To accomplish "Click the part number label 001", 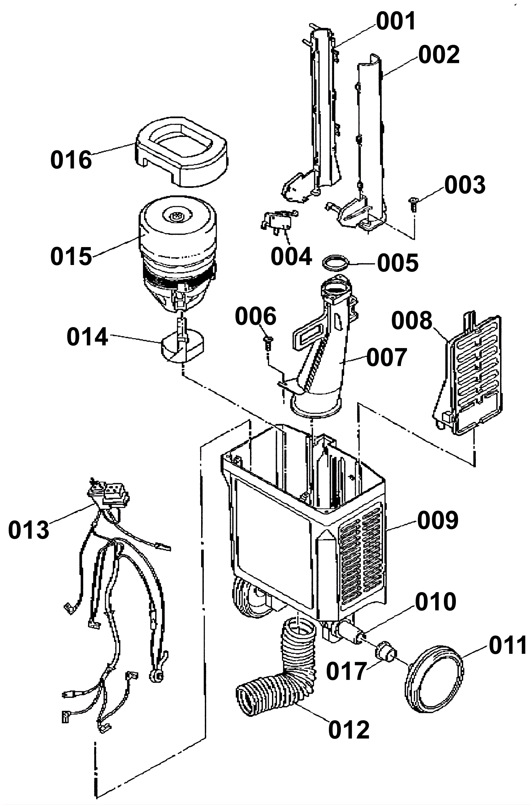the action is [x=396, y=21].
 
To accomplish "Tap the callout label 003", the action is [x=465, y=185].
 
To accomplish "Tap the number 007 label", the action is [x=387, y=357].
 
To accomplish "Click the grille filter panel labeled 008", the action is [x=467, y=375].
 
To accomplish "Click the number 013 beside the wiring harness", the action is [x=29, y=530].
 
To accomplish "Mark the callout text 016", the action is [x=71, y=160].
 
